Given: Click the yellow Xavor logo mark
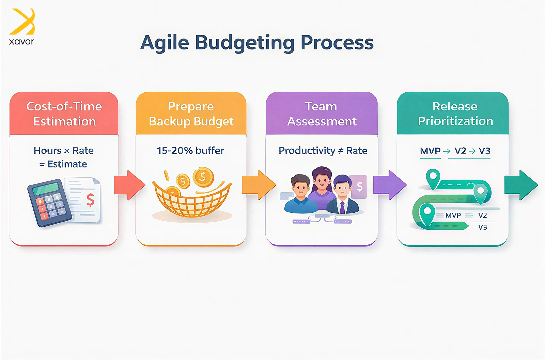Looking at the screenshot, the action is tap(22, 21).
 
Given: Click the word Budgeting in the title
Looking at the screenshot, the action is tap(245, 43).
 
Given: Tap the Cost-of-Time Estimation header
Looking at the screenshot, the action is tap(64, 114).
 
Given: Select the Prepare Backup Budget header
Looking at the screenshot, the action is tap(191, 114).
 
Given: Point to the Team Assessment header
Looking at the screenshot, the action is tap(322, 114).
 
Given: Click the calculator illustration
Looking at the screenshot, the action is tap(49, 202).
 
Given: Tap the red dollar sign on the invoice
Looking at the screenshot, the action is tap(90, 200).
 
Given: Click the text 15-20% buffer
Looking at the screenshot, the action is tap(190, 151).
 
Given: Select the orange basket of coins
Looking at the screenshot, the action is tap(192, 200).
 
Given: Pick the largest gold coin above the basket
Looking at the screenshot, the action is tap(203, 177).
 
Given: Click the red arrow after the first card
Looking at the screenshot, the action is tap(130, 185).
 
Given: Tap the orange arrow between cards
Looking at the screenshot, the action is tap(259, 185).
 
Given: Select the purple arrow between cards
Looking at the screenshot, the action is tap(390, 185).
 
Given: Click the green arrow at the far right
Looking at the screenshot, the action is tap(521, 185).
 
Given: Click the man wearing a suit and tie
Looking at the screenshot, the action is tap(343, 195).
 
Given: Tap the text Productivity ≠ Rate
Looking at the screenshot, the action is tap(323, 151).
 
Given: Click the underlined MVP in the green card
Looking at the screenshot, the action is tap(430, 151).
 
